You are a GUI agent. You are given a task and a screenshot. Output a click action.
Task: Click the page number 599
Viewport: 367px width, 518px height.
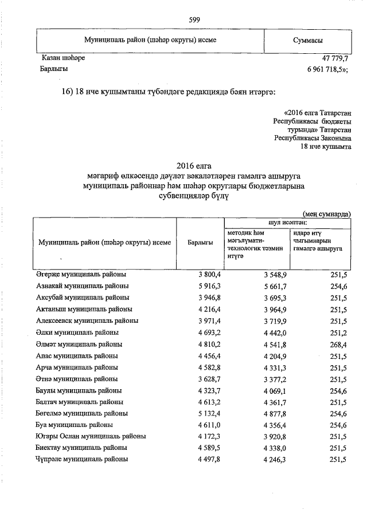tap(194, 20)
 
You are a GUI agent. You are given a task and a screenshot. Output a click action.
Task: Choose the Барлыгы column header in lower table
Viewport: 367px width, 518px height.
tap(200, 242)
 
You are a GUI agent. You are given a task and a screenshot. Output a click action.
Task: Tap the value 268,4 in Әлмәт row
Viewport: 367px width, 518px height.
tap(339, 344)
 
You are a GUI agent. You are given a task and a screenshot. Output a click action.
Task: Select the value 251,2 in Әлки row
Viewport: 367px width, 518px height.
tap(339, 333)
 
